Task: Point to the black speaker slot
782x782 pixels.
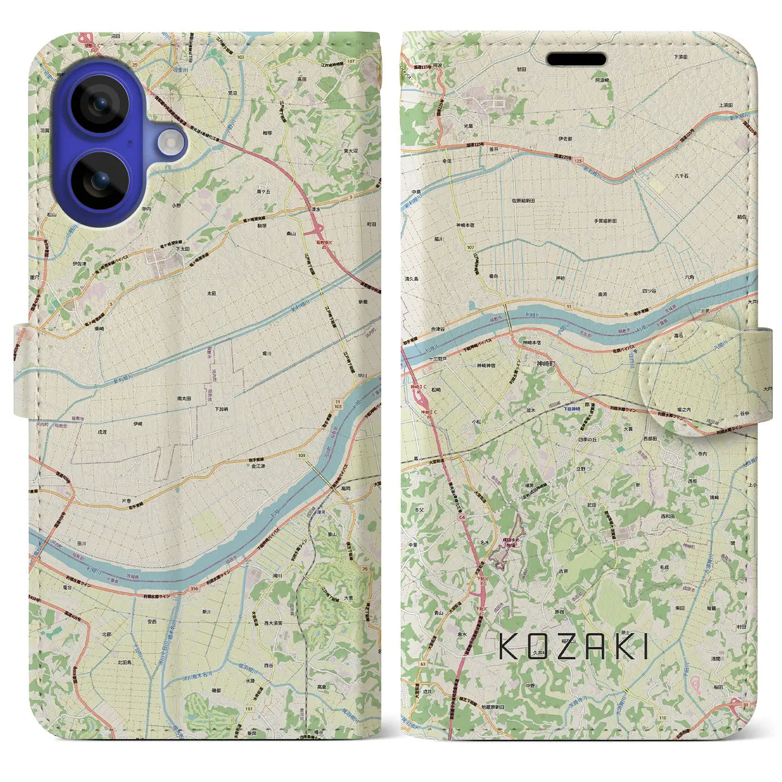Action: pos(576,59)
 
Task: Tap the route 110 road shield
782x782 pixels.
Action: pos(679,718)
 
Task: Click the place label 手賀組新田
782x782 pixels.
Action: pos(605,221)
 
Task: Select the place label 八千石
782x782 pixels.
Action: pos(682,176)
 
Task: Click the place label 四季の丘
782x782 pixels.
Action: pos(587,439)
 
